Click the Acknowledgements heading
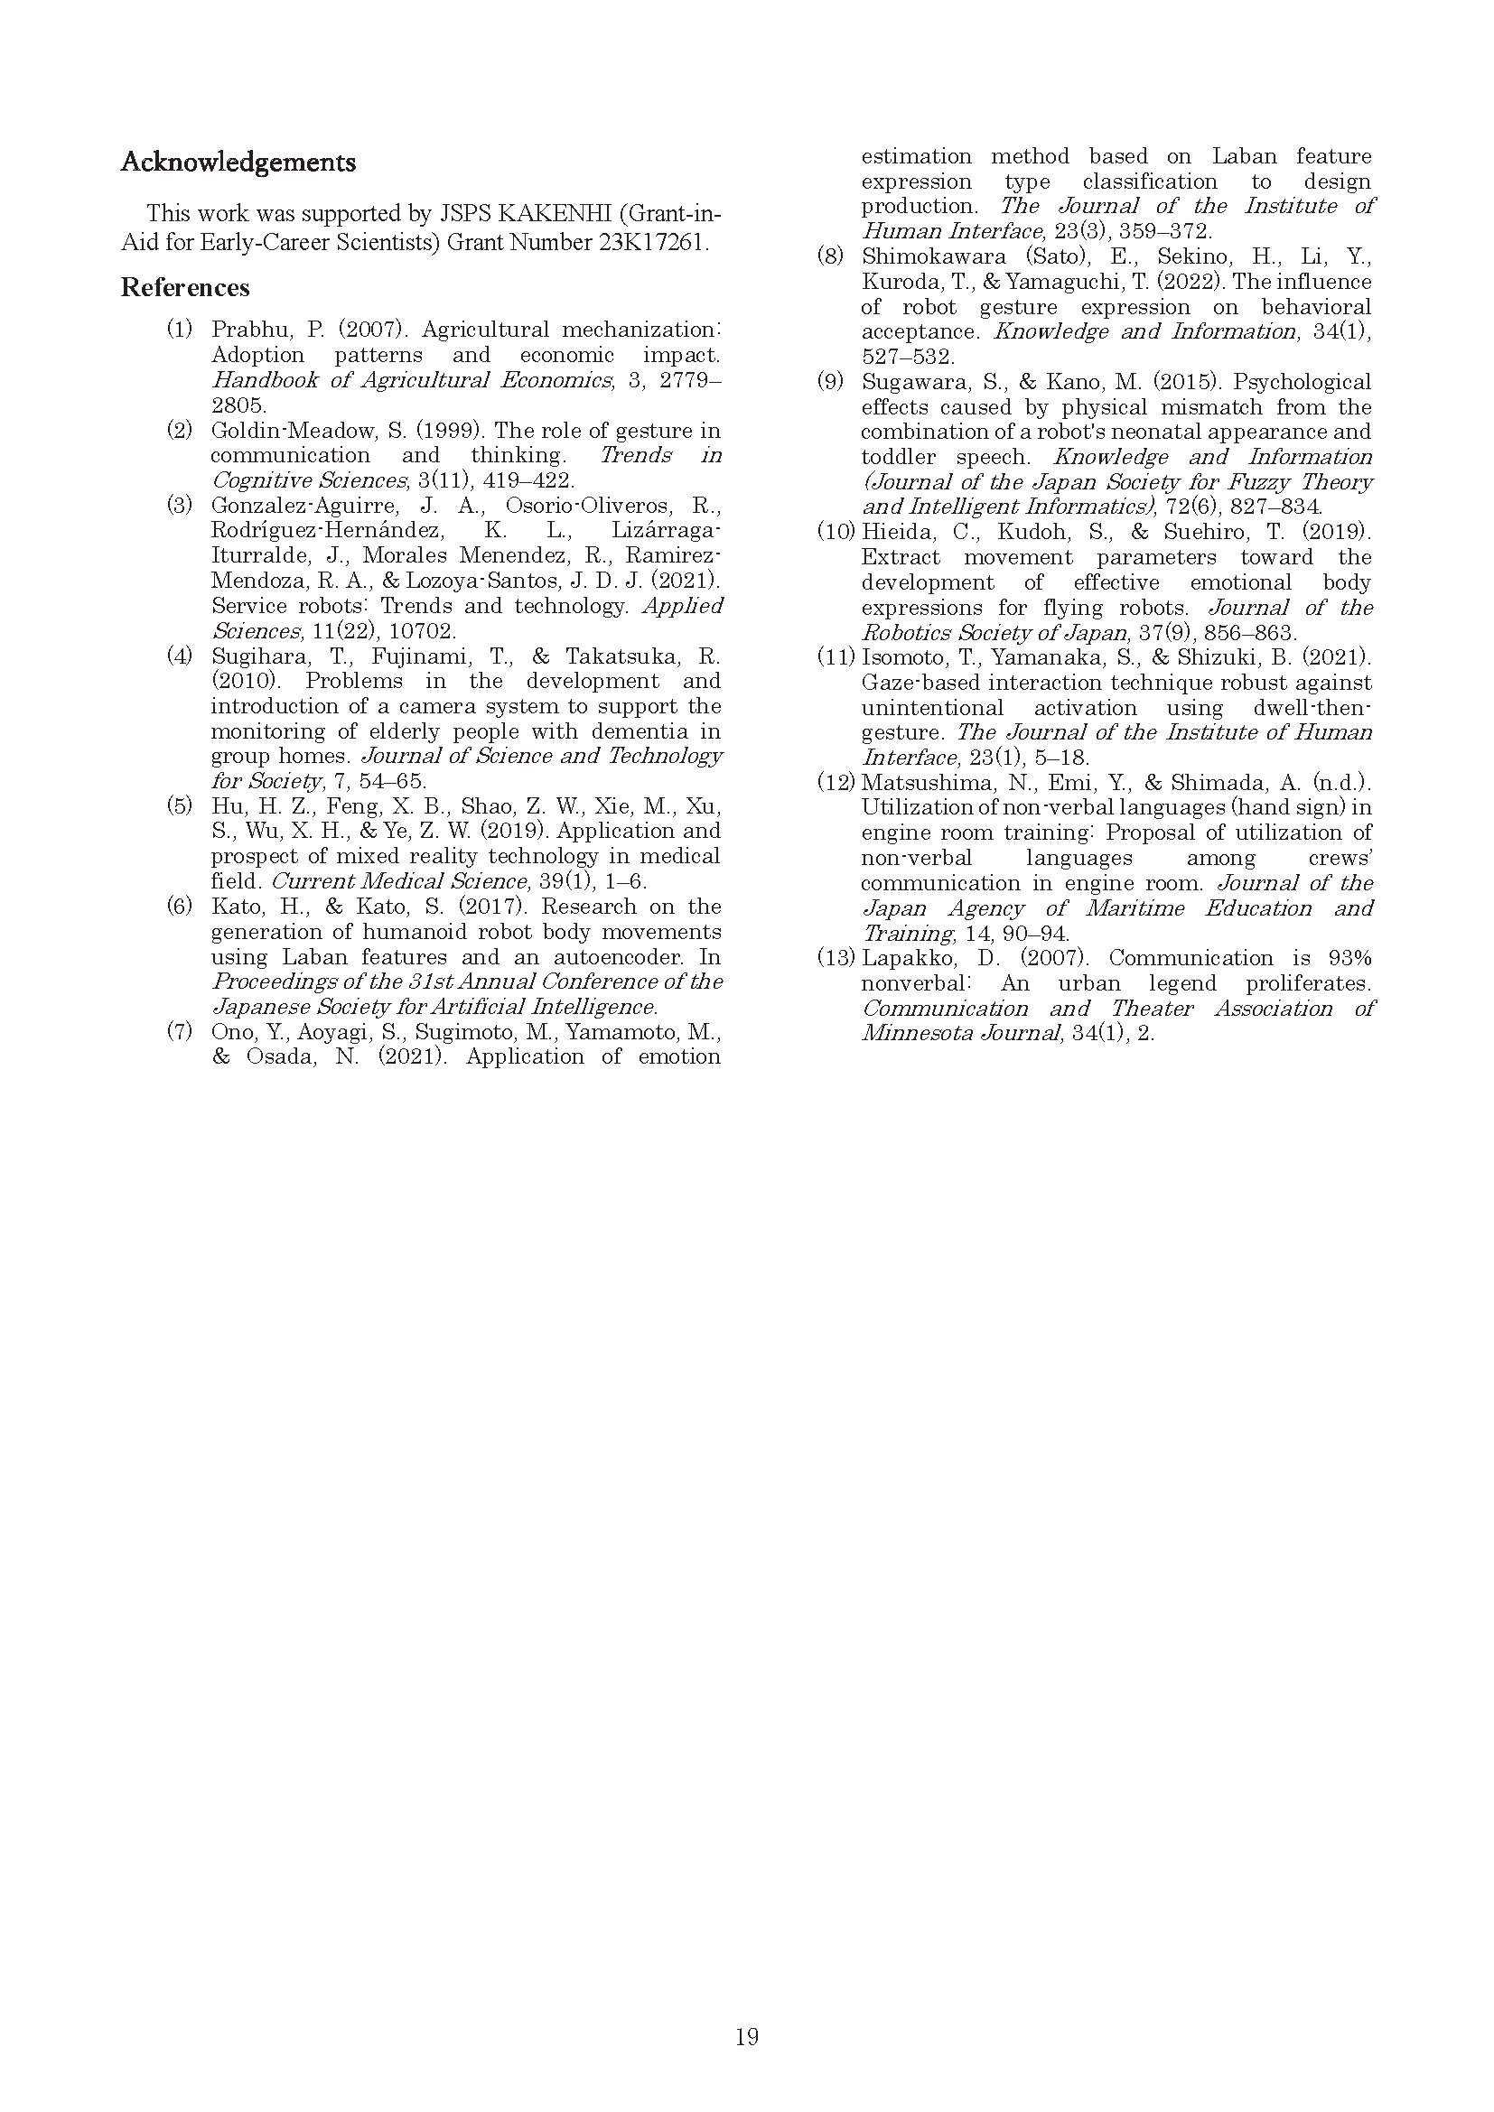pos(238,163)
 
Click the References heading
pos(185,288)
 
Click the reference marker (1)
pos(180,330)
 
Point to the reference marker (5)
pos(180,806)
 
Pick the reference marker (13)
pos(836,957)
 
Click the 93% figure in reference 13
pos(1349,957)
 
